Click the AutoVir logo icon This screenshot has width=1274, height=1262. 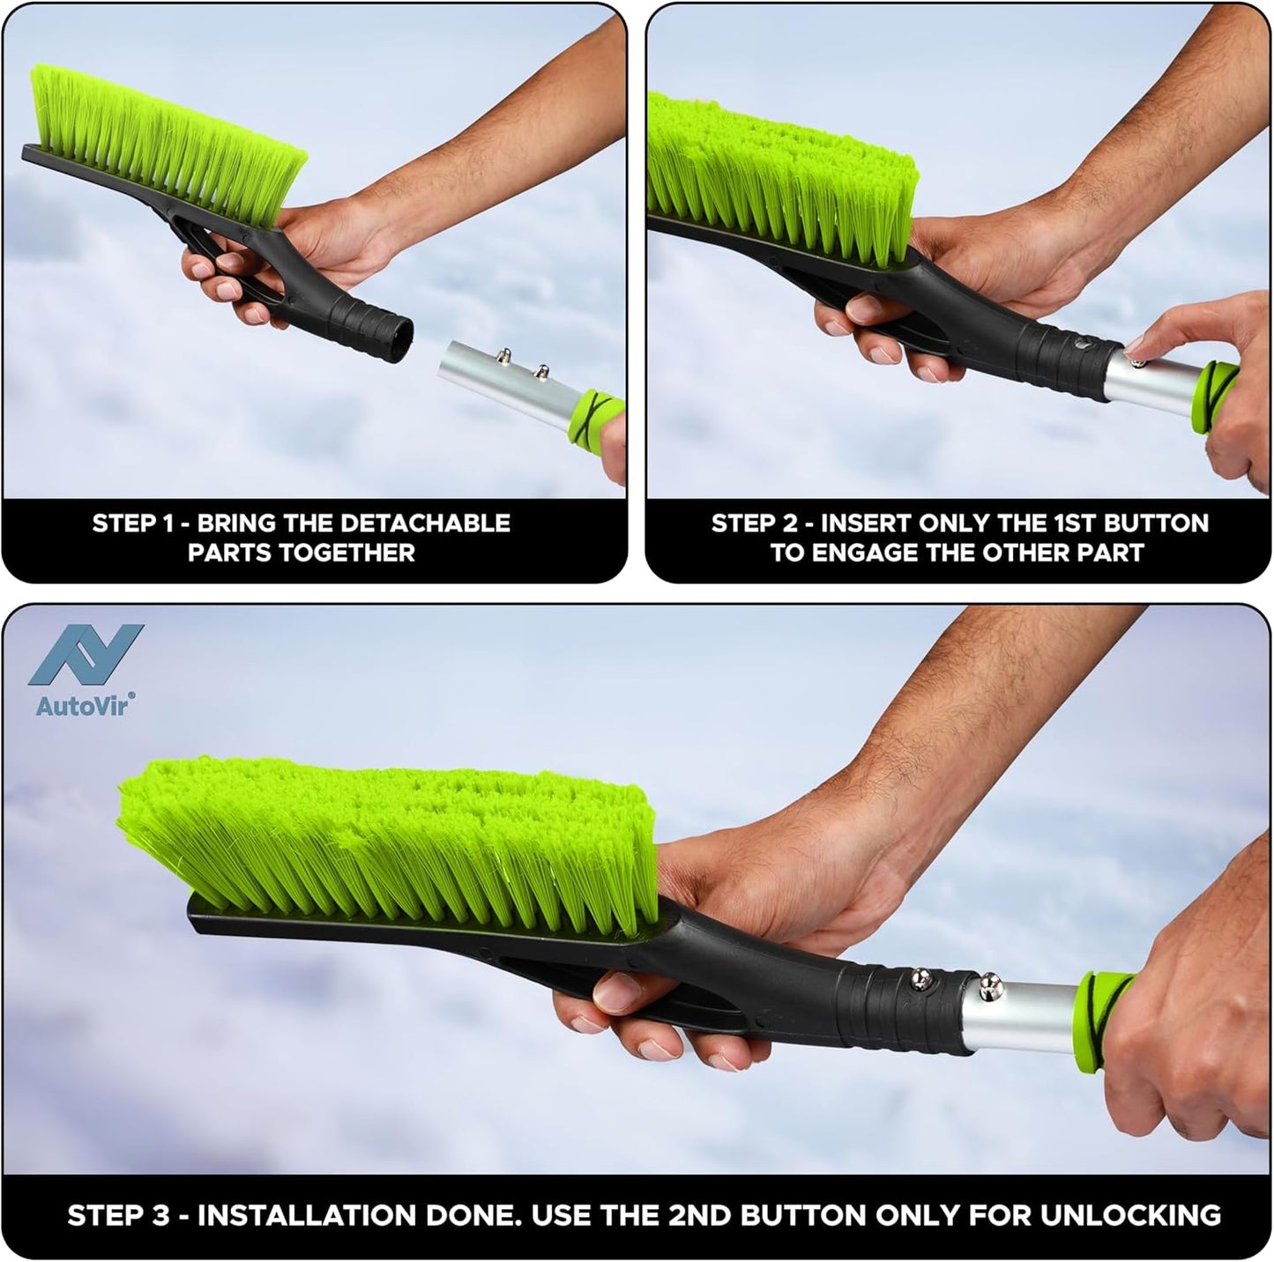[x=86, y=655]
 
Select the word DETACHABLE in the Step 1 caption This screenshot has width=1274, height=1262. [x=425, y=523]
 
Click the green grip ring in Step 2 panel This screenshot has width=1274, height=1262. [x=1214, y=392]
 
